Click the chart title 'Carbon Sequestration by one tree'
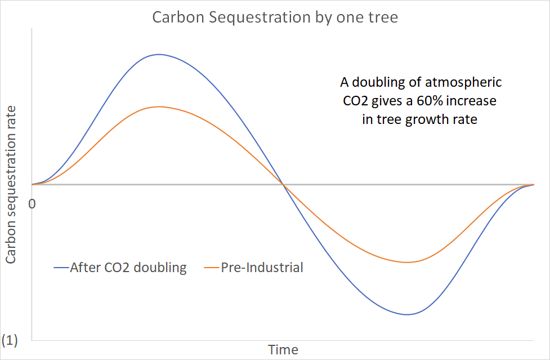[275, 17]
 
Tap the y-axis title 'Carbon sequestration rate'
[11, 184]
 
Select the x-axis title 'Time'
[283, 349]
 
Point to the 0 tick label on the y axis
[32, 203]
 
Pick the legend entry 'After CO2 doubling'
[128, 267]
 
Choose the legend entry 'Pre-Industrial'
[262, 267]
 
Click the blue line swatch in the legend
[61, 268]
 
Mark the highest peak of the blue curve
[159, 55]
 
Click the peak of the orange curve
[160, 106]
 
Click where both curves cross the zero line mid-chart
[283, 184]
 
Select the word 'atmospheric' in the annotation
[466, 83]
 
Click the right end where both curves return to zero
[533, 184]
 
